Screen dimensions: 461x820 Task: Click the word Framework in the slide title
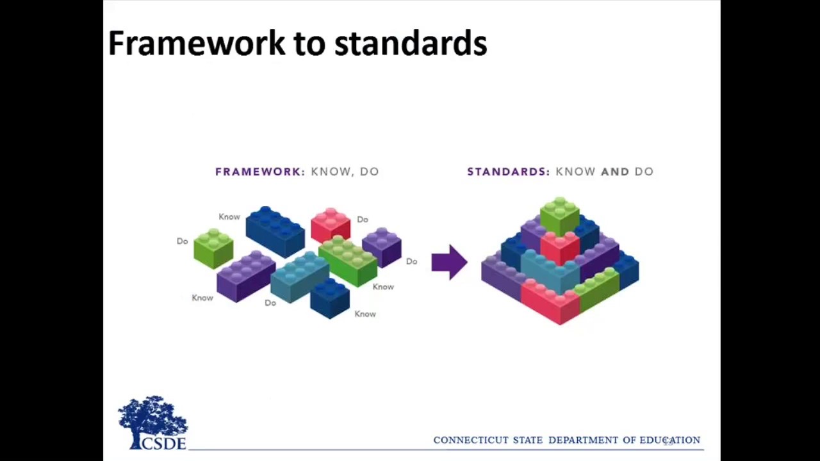point(196,44)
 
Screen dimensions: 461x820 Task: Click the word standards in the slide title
point(411,44)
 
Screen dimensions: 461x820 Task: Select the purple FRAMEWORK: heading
point(259,172)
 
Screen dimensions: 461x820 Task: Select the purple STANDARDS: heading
point(508,172)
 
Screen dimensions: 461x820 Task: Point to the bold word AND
point(614,172)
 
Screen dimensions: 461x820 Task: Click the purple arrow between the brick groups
point(449,262)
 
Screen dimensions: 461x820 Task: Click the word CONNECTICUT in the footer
point(471,440)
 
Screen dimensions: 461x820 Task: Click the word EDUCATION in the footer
point(669,440)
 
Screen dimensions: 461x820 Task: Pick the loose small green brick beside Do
point(213,249)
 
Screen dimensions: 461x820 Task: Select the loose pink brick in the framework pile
point(331,225)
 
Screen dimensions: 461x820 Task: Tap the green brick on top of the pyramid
point(559,216)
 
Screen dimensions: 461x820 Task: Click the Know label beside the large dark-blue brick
point(229,217)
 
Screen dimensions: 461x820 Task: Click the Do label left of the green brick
point(183,241)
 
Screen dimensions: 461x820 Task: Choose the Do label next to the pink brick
point(363,220)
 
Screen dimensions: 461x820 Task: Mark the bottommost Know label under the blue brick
point(365,314)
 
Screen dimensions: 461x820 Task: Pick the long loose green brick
point(348,261)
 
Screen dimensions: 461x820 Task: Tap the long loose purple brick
point(246,276)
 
